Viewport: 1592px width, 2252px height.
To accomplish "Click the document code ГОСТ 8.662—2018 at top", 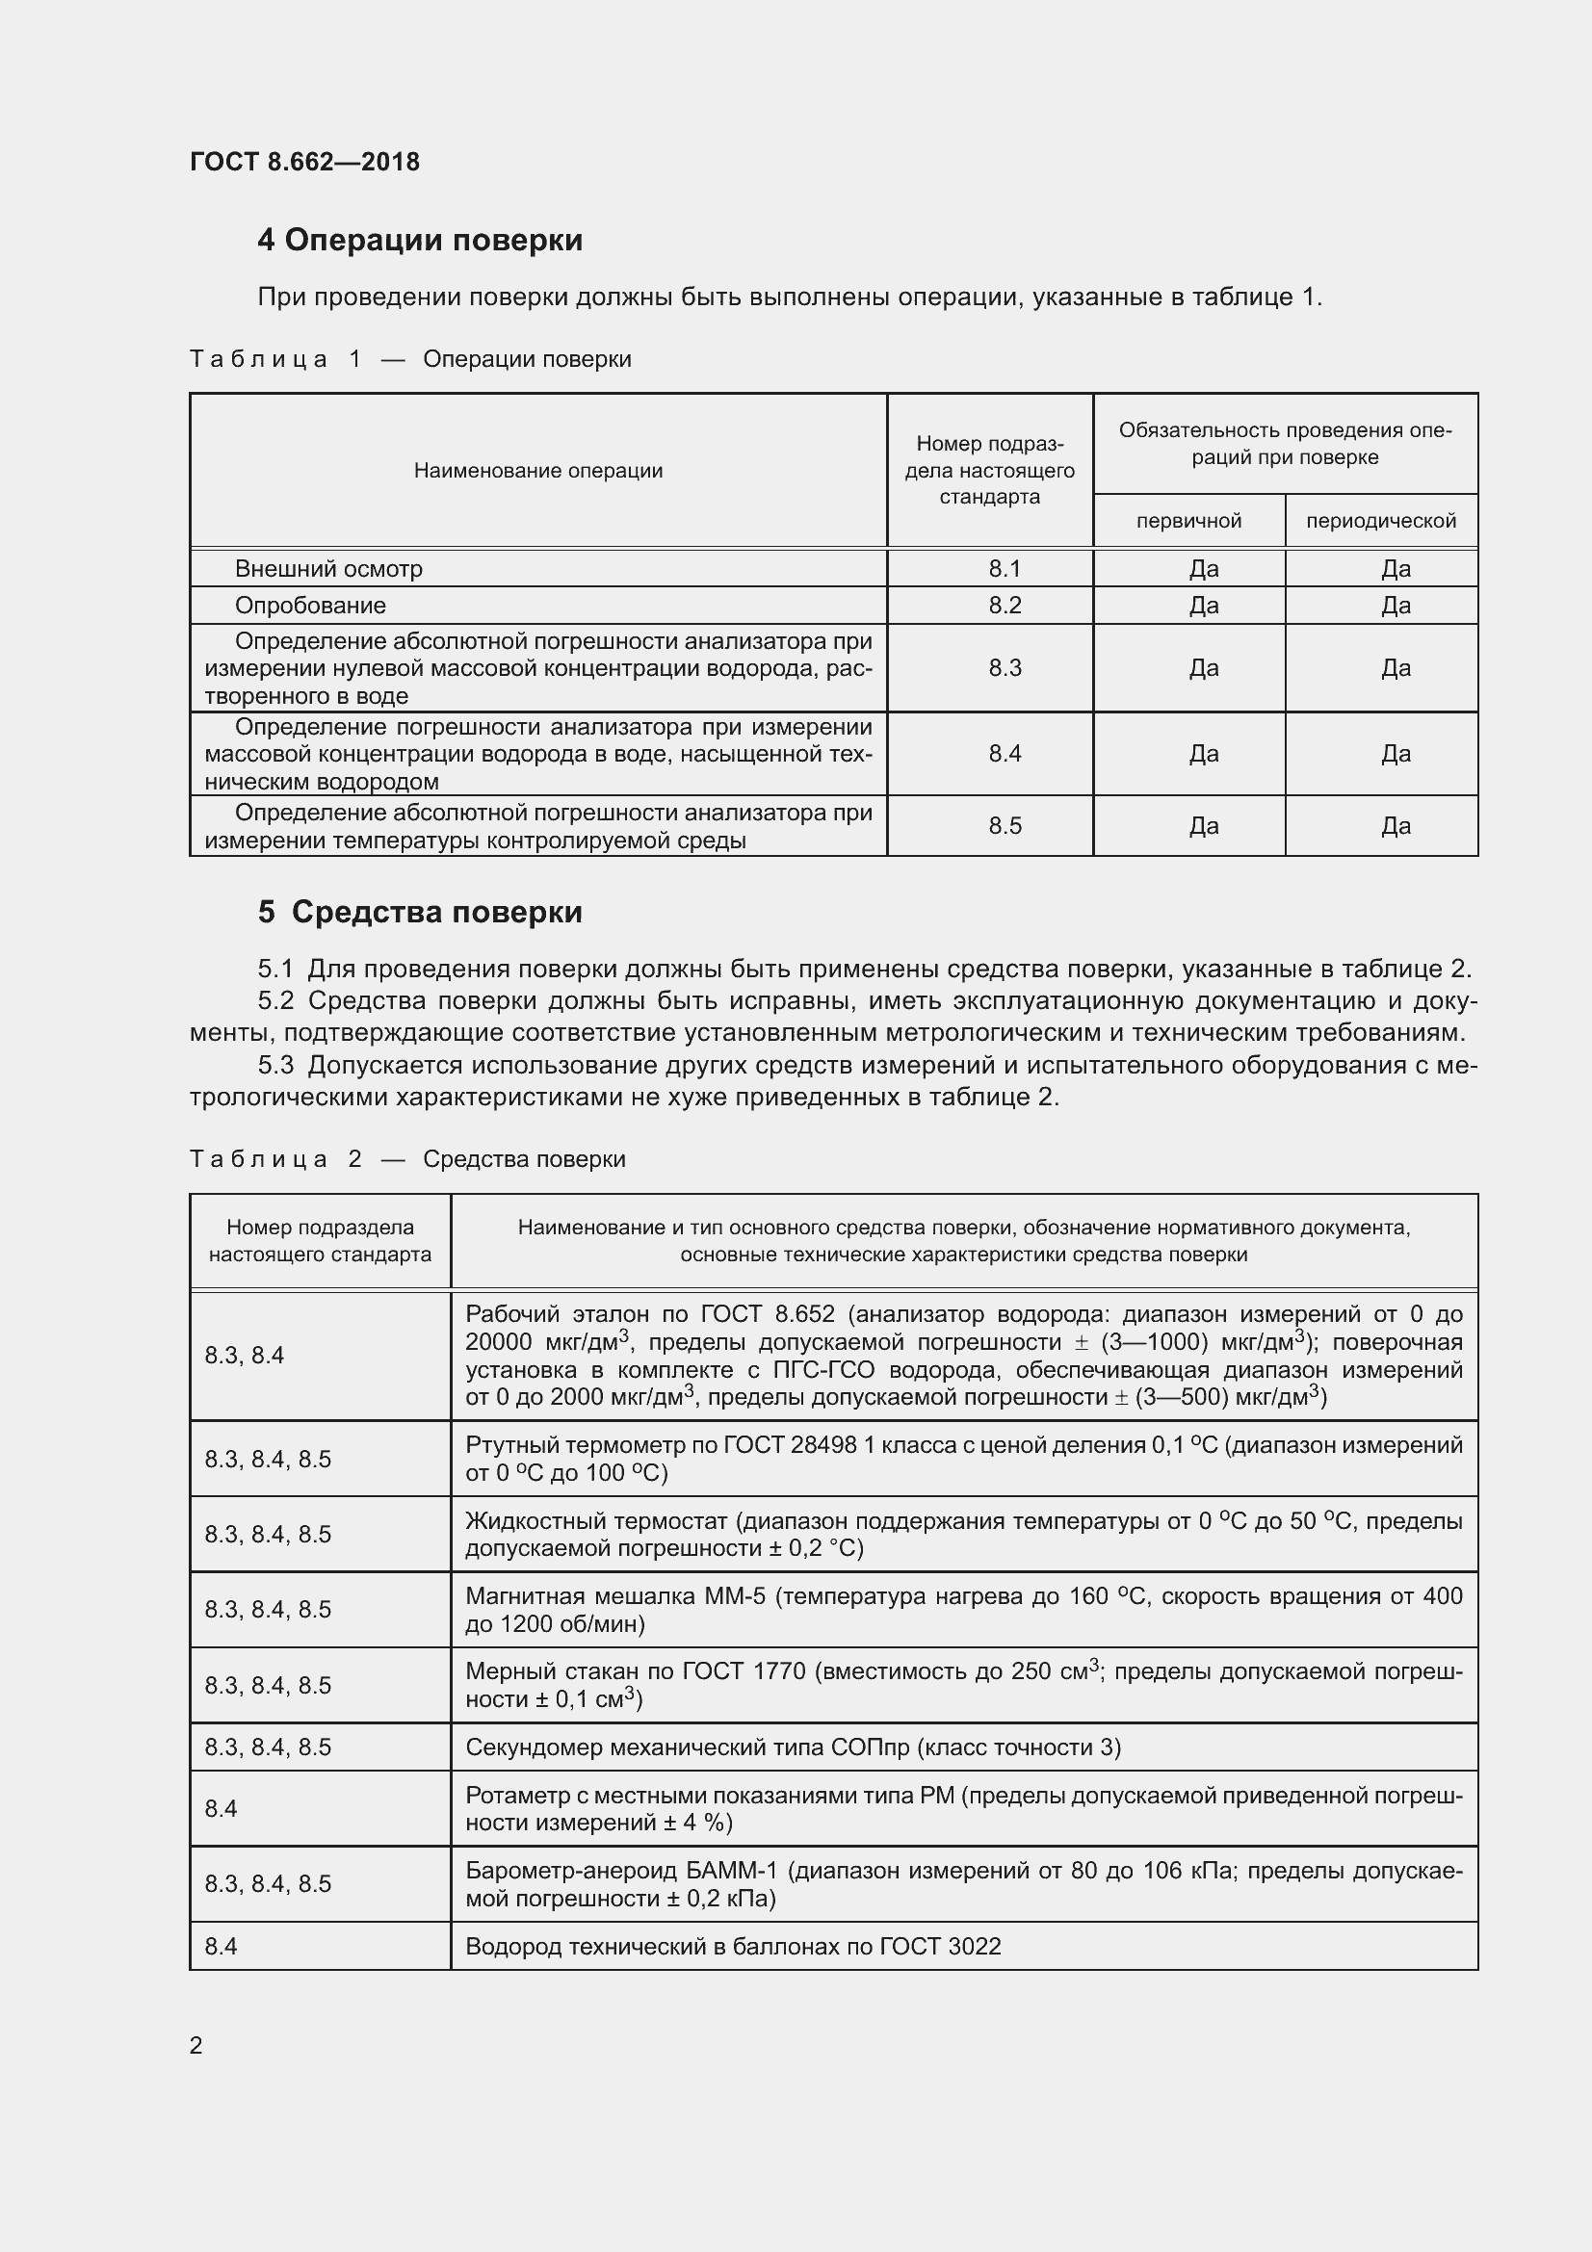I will tap(304, 162).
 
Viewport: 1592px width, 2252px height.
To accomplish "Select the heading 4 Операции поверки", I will tap(420, 241).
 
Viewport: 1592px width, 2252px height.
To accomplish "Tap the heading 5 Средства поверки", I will tap(420, 912).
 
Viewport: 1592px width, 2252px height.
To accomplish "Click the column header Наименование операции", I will tap(537, 471).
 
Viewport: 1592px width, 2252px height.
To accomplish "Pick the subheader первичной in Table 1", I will tap(1188, 521).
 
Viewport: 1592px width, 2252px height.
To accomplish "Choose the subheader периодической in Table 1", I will tap(1380, 521).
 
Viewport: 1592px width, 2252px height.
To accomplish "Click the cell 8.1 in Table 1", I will tap(1005, 569).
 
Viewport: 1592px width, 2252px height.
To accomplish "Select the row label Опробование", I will tap(310, 606).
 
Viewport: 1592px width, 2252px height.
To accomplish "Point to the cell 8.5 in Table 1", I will tap(1005, 826).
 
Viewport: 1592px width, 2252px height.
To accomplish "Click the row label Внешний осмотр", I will tap(328, 569).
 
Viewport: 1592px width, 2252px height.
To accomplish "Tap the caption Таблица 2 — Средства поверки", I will tap(407, 1159).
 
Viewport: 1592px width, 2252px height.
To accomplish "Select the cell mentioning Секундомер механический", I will tap(793, 1747).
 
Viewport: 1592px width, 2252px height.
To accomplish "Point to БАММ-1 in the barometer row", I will tap(732, 1871).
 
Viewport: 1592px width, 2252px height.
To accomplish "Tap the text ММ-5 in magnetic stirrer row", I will tap(734, 1595).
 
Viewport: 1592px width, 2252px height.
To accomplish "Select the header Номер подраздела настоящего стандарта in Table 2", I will tap(320, 1241).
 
